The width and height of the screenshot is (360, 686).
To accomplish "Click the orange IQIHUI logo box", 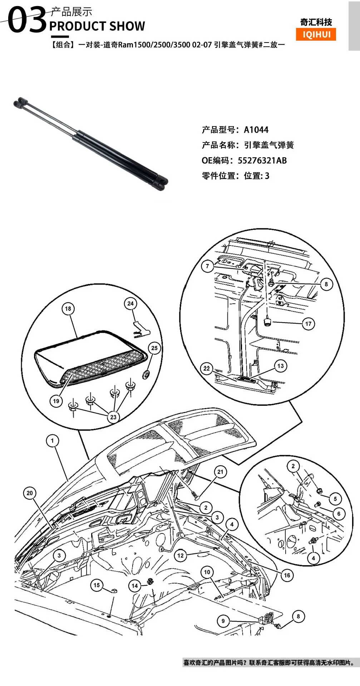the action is tap(316, 34).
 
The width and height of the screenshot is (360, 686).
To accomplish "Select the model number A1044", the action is tap(256, 130).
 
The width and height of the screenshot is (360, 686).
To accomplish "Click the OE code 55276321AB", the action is tap(262, 160).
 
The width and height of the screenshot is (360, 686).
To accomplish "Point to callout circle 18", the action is tap(68, 309).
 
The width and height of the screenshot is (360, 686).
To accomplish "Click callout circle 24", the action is tap(130, 304).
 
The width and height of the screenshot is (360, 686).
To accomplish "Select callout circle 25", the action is tap(154, 348).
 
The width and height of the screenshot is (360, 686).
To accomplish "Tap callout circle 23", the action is tap(113, 417).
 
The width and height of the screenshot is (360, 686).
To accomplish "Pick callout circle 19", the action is tap(56, 401).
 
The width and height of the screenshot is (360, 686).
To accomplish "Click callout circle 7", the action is tap(207, 266).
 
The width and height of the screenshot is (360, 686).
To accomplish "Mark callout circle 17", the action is tap(308, 324).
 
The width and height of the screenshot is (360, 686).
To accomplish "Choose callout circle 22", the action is tap(207, 368).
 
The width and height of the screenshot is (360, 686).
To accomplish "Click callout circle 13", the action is tap(281, 366).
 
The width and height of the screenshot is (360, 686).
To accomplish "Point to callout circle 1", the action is tap(53, 441).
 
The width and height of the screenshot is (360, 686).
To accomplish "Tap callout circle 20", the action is tap(30, 493).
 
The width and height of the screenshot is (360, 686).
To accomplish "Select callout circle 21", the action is tap(220, 472).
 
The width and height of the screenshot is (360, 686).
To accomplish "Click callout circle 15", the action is tap(97, 585).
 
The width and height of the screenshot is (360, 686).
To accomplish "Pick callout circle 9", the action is tap(223, 621).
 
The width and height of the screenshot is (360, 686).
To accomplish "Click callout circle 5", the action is tap(335, 499).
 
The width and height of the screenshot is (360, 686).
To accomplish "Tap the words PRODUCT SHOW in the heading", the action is tap(97, 26).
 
